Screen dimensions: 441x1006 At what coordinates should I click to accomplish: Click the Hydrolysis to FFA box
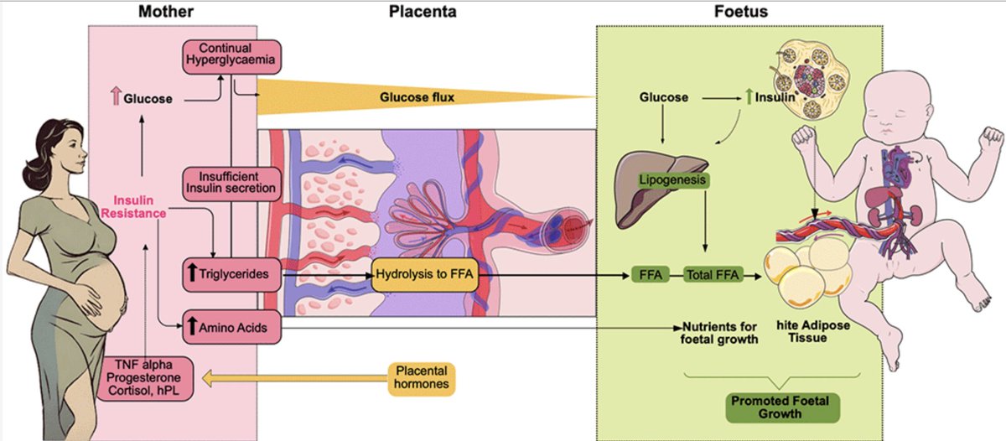tap(426, 274)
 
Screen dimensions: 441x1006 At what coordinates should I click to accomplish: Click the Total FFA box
tap(713, 274)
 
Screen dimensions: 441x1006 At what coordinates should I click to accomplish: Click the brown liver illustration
tap(659, 189)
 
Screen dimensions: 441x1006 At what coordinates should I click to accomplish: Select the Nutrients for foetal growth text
tap(720, 333)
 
